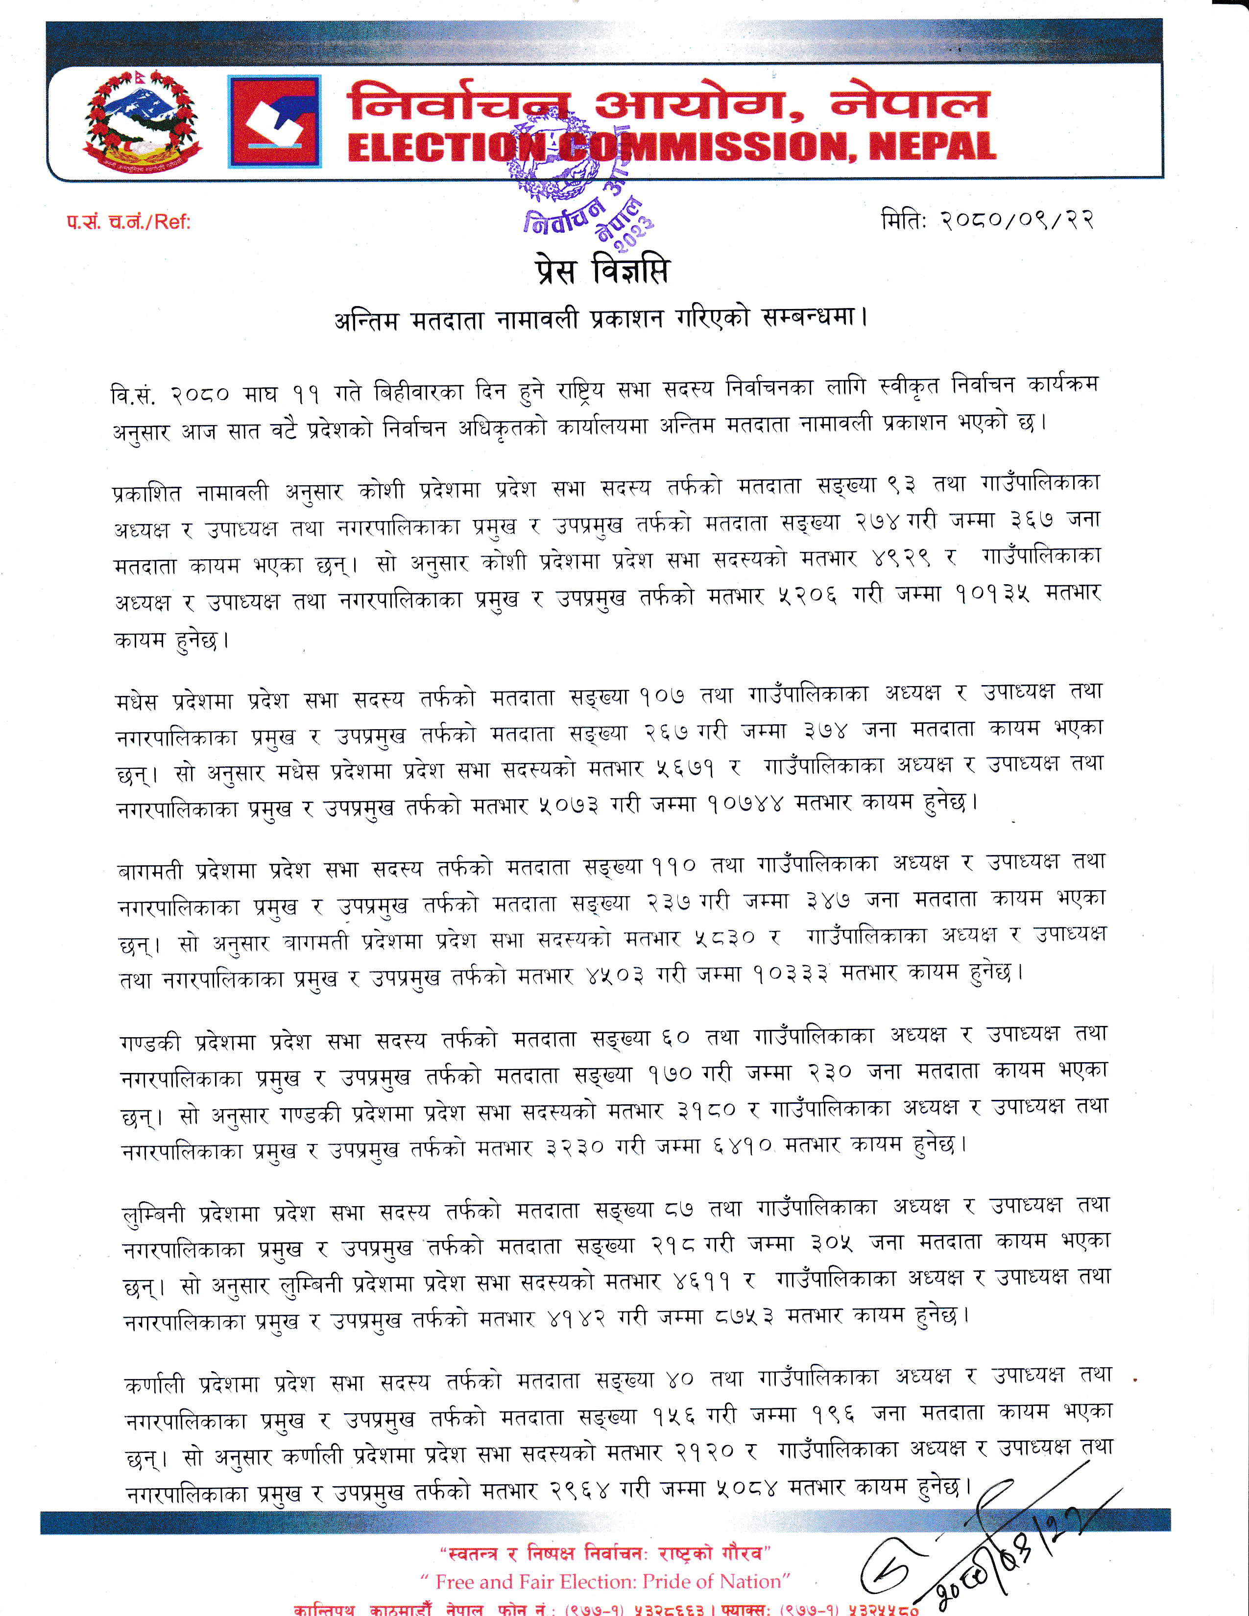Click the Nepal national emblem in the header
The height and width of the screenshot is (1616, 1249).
click(142, 122)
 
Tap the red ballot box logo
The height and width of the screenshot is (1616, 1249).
click(274, 122)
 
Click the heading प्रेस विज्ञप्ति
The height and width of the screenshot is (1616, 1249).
click(601, 271)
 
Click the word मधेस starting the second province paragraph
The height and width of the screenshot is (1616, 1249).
click(138, 701)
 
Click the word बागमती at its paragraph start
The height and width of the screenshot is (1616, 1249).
click(149, 871)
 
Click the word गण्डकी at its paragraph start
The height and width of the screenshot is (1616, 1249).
click(149, 1043)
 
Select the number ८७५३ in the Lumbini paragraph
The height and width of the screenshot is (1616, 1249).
click(745, 1316)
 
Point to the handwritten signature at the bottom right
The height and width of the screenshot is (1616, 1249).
click(984, 1554)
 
